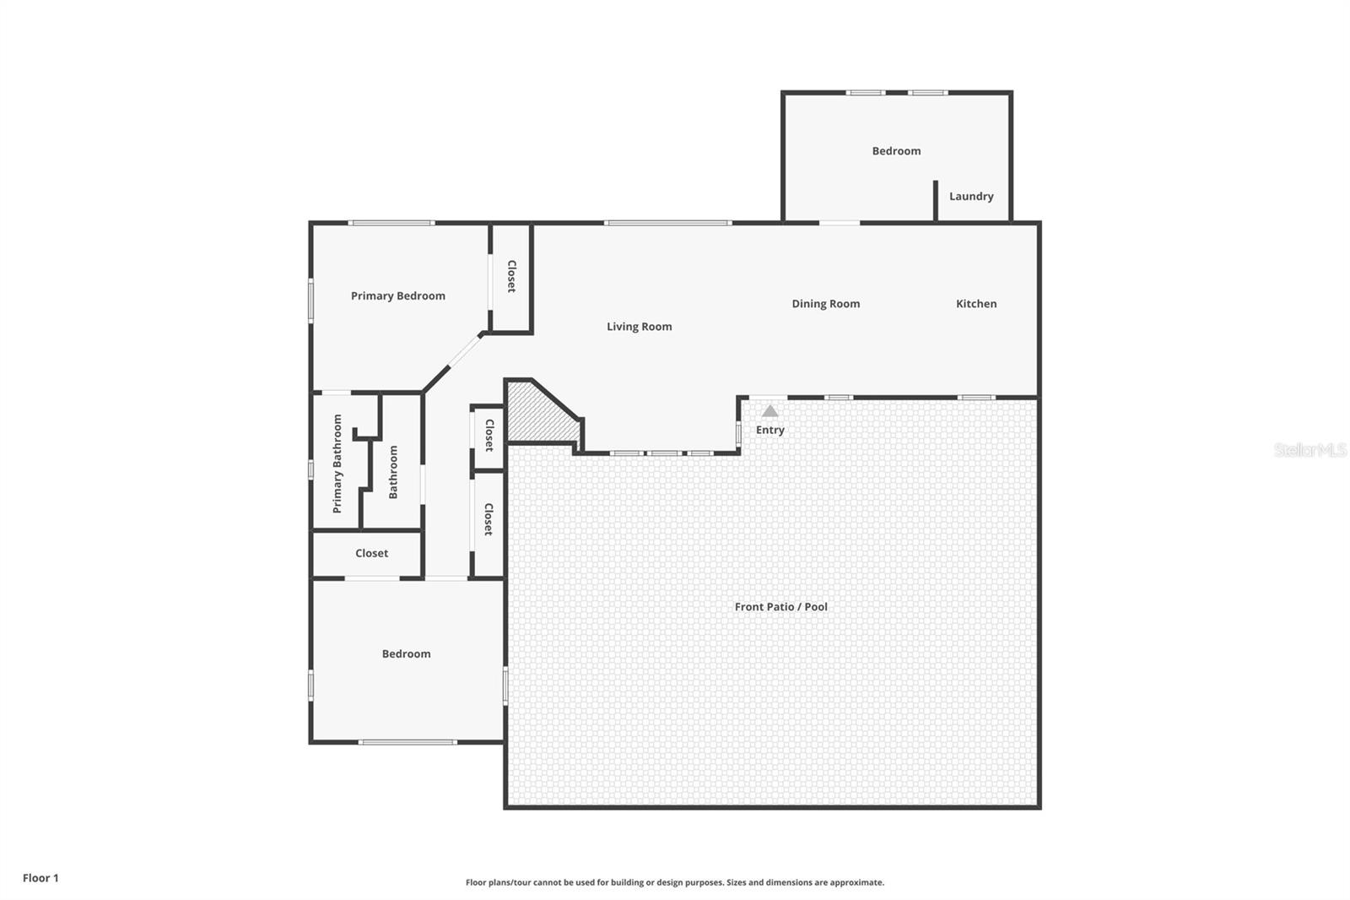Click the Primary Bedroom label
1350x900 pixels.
tap(397, 295)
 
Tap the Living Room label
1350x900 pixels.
tap(639, 327)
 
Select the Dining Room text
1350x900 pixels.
tap(825, 304)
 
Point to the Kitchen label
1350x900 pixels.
tap(975, 304)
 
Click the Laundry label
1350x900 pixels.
tap(970, 197)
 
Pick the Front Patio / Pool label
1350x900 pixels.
tap(780, 607)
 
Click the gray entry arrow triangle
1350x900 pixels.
tap(769, 411)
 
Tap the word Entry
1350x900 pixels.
tap(769, 430)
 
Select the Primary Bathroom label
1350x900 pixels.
tap(337, 464)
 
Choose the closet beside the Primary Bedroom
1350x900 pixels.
tap(511, 276)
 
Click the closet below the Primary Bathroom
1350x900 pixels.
tap(371, 554)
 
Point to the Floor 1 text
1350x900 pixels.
tap(40, 878)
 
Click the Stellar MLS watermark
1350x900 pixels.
tap(1309, 450)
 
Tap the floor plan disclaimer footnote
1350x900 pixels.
tap(674, 882)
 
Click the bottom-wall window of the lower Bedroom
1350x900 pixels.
tap(408, 742)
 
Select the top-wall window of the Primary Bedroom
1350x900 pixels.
tap(391, 223)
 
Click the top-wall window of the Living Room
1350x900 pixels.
tap(667, 223)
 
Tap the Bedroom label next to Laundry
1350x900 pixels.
tap(895, 151)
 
